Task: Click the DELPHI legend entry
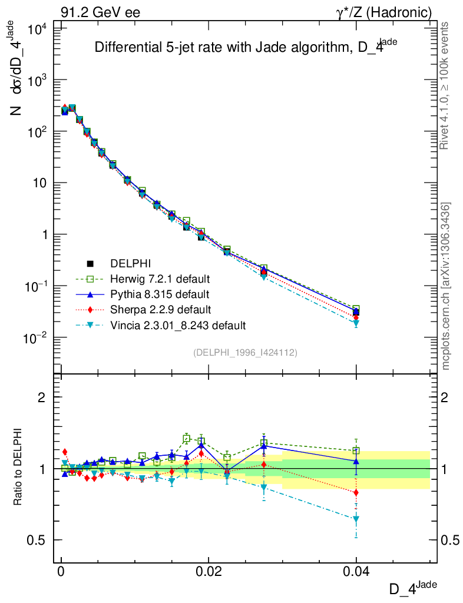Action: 127,263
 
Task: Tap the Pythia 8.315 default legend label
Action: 160,294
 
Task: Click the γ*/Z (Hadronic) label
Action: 383,12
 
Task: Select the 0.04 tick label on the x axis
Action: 356,572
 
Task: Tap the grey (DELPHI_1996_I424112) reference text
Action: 244,353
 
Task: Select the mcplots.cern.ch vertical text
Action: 446,286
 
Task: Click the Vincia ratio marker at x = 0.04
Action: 356,519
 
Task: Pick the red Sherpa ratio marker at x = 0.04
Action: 356,492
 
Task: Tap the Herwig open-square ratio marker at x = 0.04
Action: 356,451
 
